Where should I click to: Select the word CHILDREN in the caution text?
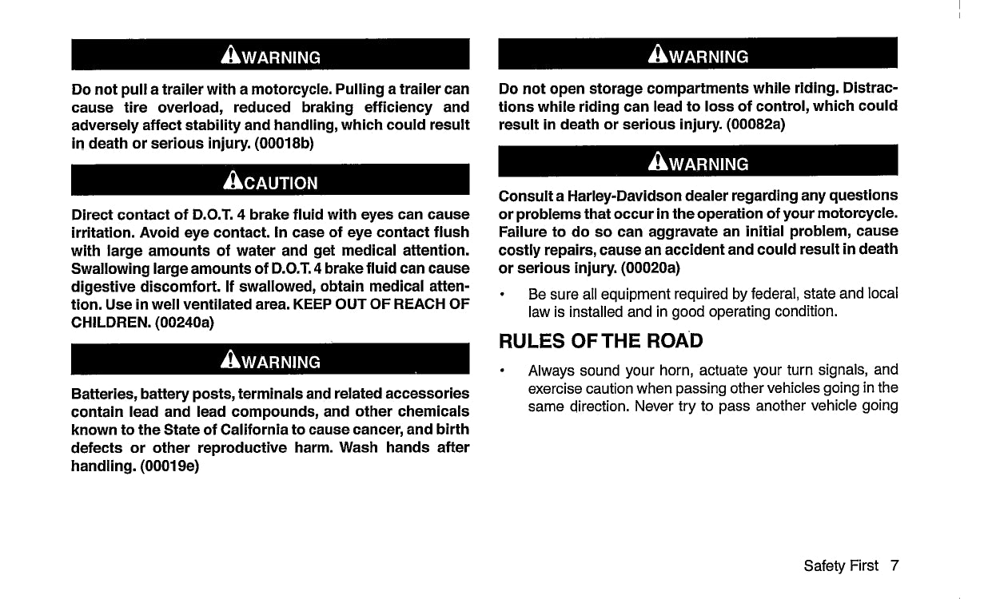pos(102,323)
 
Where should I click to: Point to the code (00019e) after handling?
pos(169,466)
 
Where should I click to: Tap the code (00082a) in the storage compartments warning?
pos(760,125)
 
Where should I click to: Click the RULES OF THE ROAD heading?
pos(600,341)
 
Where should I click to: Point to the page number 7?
pos(894,565)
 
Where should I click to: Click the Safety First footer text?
pos(841,565)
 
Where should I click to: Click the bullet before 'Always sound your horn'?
pos(501,371)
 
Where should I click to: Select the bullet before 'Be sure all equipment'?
pos(501,294)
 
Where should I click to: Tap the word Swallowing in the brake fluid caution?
pos(109,268)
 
